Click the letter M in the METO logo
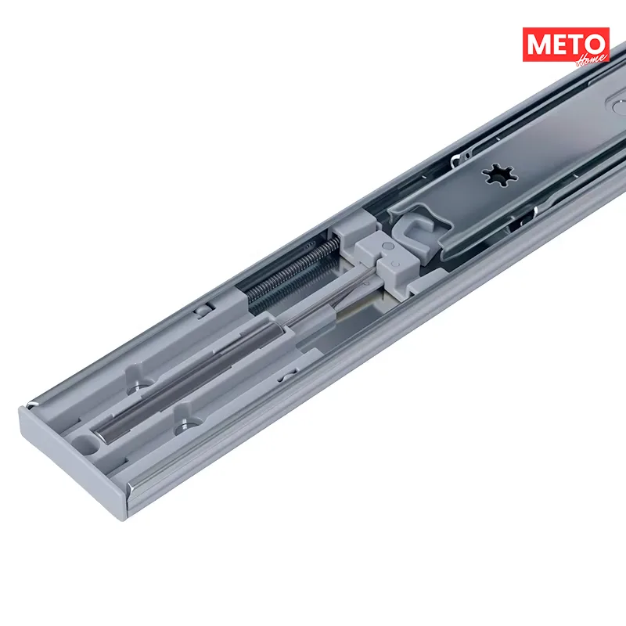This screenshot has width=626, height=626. point(540,45)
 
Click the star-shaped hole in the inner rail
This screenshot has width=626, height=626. point(499,174)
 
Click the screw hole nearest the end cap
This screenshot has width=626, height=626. point(184,426)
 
